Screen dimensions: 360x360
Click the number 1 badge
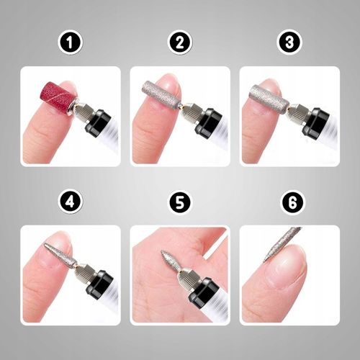coord(70,42)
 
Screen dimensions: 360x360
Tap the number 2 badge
coord(180,42)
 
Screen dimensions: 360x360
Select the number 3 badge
coord(289,42)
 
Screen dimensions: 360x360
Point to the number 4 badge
coord(70,202)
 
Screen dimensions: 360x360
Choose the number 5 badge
coord(180,202)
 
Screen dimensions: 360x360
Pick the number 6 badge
coord(289,202)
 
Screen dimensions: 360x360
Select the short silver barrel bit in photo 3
coord(268,95)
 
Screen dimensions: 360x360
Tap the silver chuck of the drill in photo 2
coord(189,110)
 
